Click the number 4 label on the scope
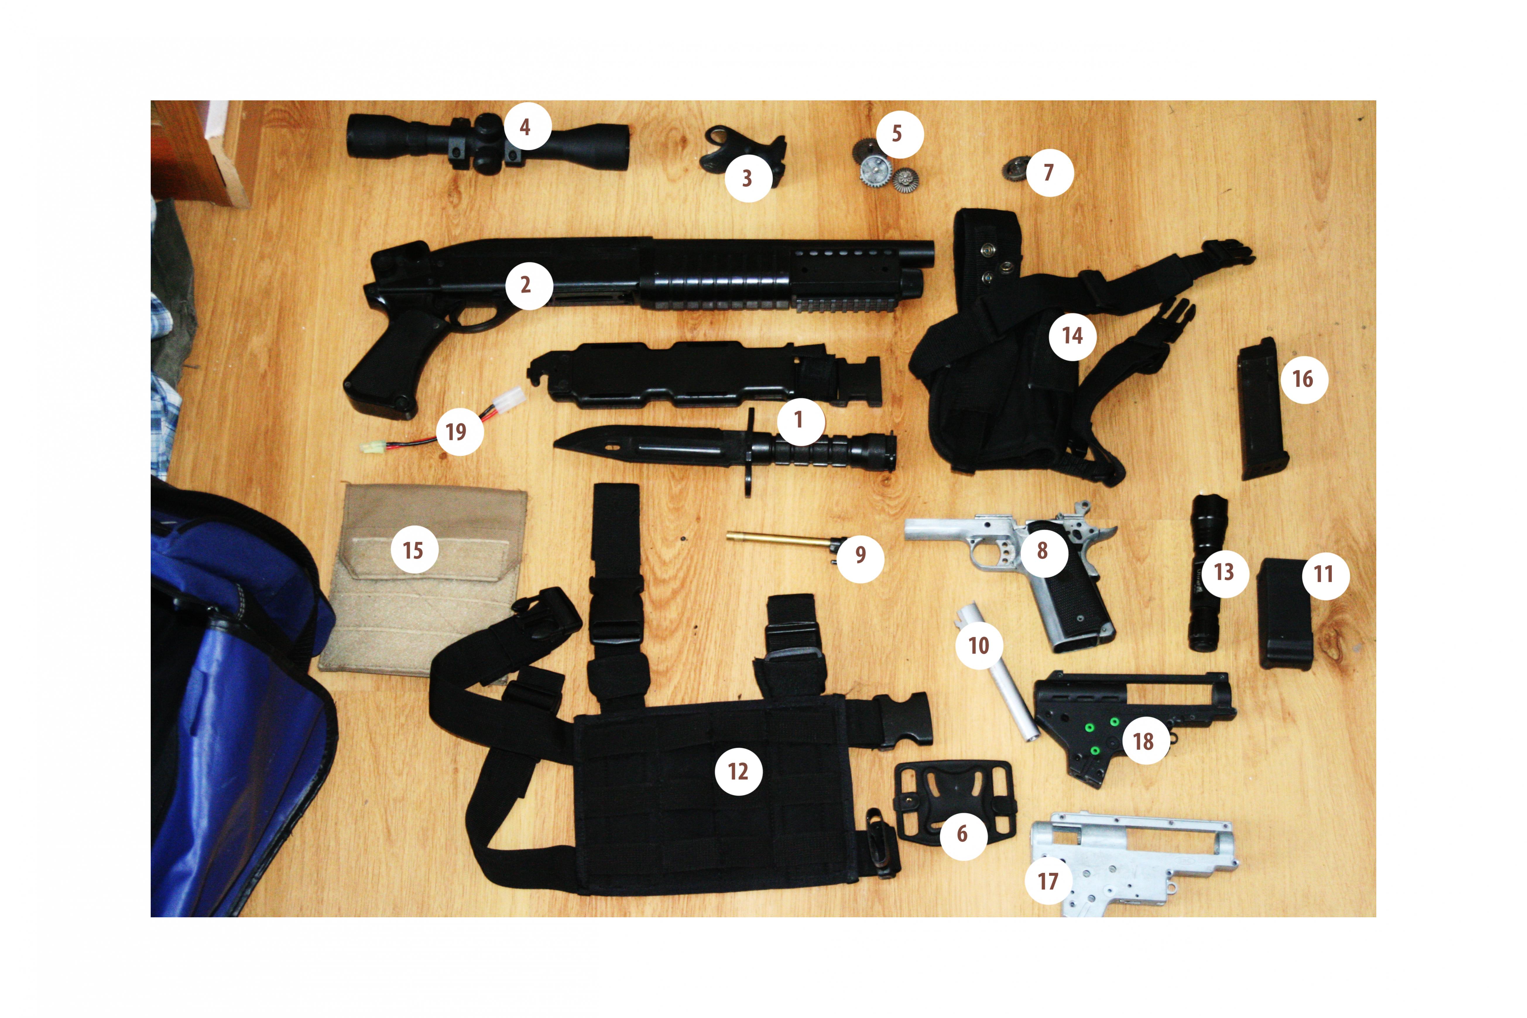(x=525, y=127)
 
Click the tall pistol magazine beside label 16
(x=1262, y=409)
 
